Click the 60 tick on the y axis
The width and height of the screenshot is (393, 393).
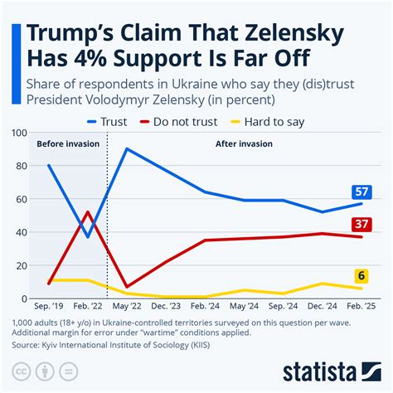coord(22,199)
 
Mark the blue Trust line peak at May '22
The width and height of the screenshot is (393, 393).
coord(126,149)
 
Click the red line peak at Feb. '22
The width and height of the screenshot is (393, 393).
coord(88,212)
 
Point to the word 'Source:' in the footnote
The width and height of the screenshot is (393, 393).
coord(31,342)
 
